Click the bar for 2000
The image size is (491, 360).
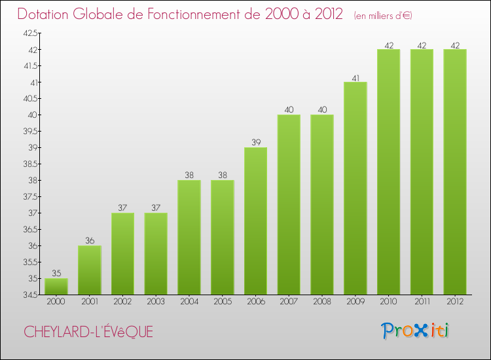coord(56,286)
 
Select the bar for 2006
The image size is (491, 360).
coord(255,221)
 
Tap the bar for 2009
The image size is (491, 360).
coord(355,188)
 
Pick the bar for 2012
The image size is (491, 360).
coord(455,171)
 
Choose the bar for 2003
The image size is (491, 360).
coord(156,253)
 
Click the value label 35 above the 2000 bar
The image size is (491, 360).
coord(56,274)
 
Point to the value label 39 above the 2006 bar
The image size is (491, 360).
coord(255,143)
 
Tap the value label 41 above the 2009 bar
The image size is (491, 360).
coord(355,77)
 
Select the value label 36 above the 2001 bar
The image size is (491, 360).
coord(90,241)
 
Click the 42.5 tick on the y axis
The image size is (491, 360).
coord(30,33)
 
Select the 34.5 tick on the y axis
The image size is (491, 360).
coord(30,295)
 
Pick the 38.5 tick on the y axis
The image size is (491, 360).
coord(30,164)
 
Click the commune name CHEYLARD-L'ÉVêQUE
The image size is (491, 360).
coord(88,332)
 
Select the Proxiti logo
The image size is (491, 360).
coord(415,331)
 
